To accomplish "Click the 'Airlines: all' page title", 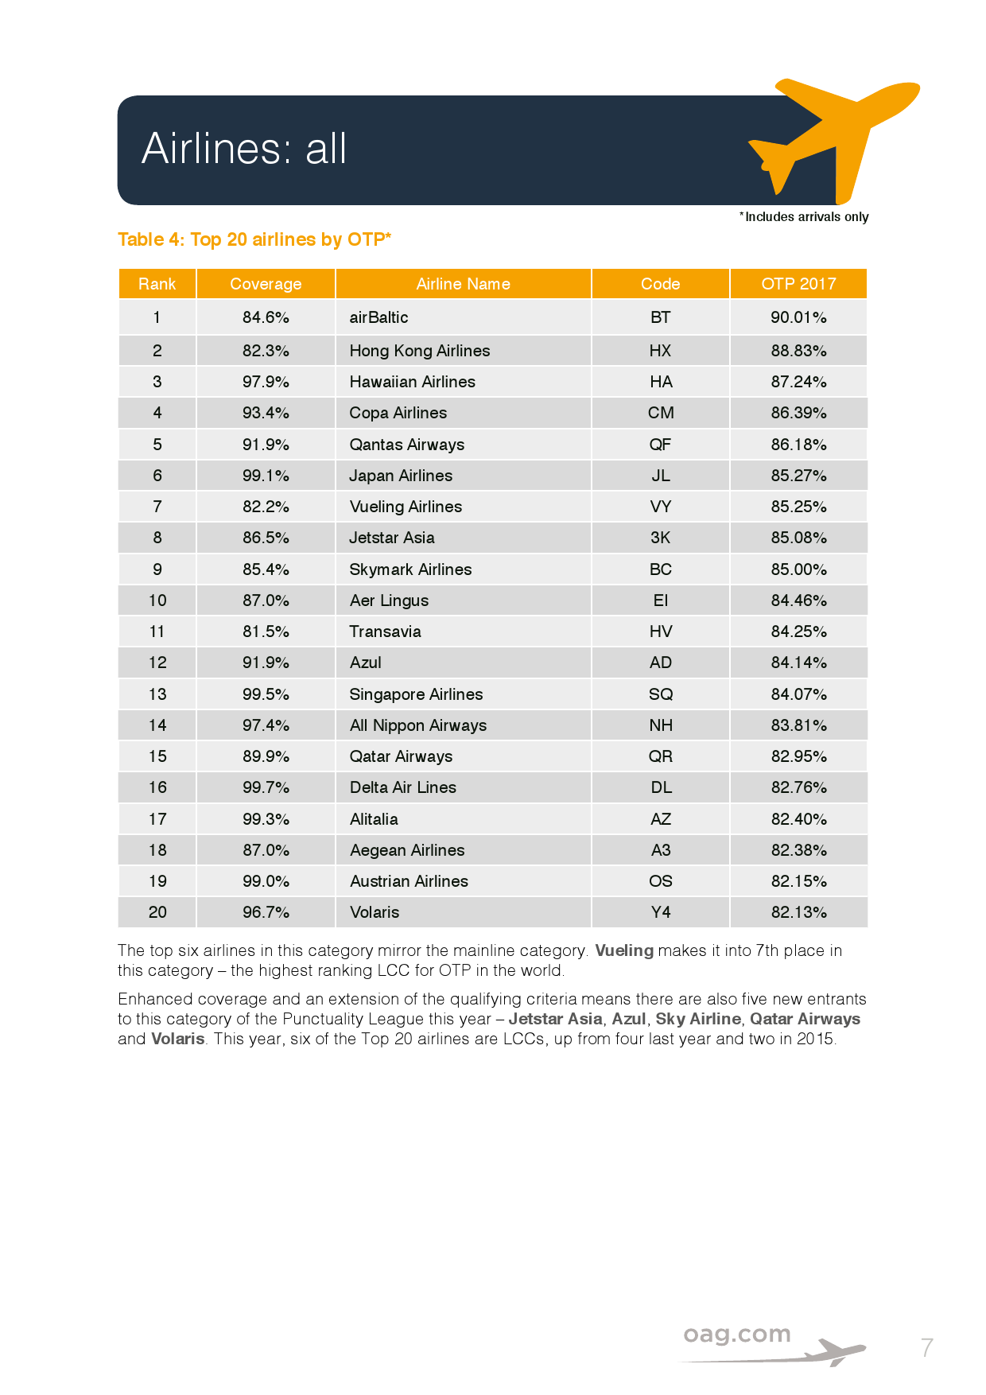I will point(244,149).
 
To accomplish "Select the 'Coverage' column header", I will point(266,284).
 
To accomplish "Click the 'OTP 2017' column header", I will point(798,284).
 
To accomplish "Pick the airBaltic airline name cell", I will point(378,317).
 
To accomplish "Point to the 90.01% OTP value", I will point(798,317).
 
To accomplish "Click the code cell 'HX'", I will point(660,351).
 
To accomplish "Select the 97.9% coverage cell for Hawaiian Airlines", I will point(266,382).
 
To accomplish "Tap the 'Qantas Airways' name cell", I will point(407,445).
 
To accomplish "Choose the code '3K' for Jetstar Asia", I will point(660,538).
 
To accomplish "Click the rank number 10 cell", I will point(157,600).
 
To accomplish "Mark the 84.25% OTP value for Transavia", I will point(798,631).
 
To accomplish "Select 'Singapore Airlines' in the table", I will point(416,694).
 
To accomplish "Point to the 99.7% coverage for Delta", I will point(266,787).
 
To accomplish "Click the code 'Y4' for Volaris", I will point(660,912).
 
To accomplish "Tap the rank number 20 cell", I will point(157,912).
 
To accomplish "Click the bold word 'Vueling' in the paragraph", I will point(624,950).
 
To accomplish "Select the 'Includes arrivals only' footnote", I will point(805,217).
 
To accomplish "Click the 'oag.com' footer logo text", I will point(737,1334).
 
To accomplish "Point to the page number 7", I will point(926,1347).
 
